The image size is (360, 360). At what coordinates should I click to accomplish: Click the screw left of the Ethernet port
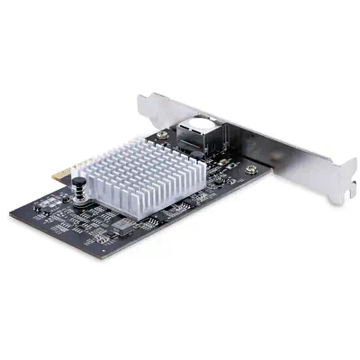(163, 135)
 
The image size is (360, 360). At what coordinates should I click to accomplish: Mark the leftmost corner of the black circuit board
(11, 215)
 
